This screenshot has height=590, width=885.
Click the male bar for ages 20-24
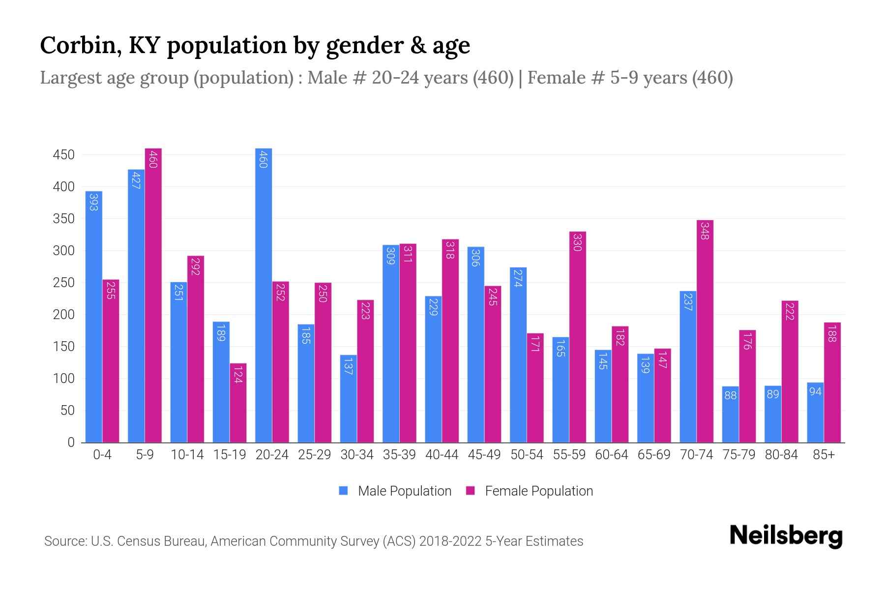coord(264,295)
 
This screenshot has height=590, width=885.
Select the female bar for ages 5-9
coord(153,295)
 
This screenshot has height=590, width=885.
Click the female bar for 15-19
coord(238,403)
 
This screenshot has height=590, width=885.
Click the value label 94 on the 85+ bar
coord(815,392)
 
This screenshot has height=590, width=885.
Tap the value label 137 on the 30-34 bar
coord(348,366)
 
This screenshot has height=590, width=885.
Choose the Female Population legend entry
coord(530,491)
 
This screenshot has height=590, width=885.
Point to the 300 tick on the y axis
coord(63,251)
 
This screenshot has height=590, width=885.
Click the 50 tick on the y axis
coord(67,411)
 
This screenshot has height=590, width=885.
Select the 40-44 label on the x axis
coord(442,455)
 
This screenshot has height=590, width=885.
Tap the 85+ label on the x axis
coord(824,455)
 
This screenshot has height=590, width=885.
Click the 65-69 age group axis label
coord(653,455)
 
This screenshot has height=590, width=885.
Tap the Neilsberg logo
coord(786,535)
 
